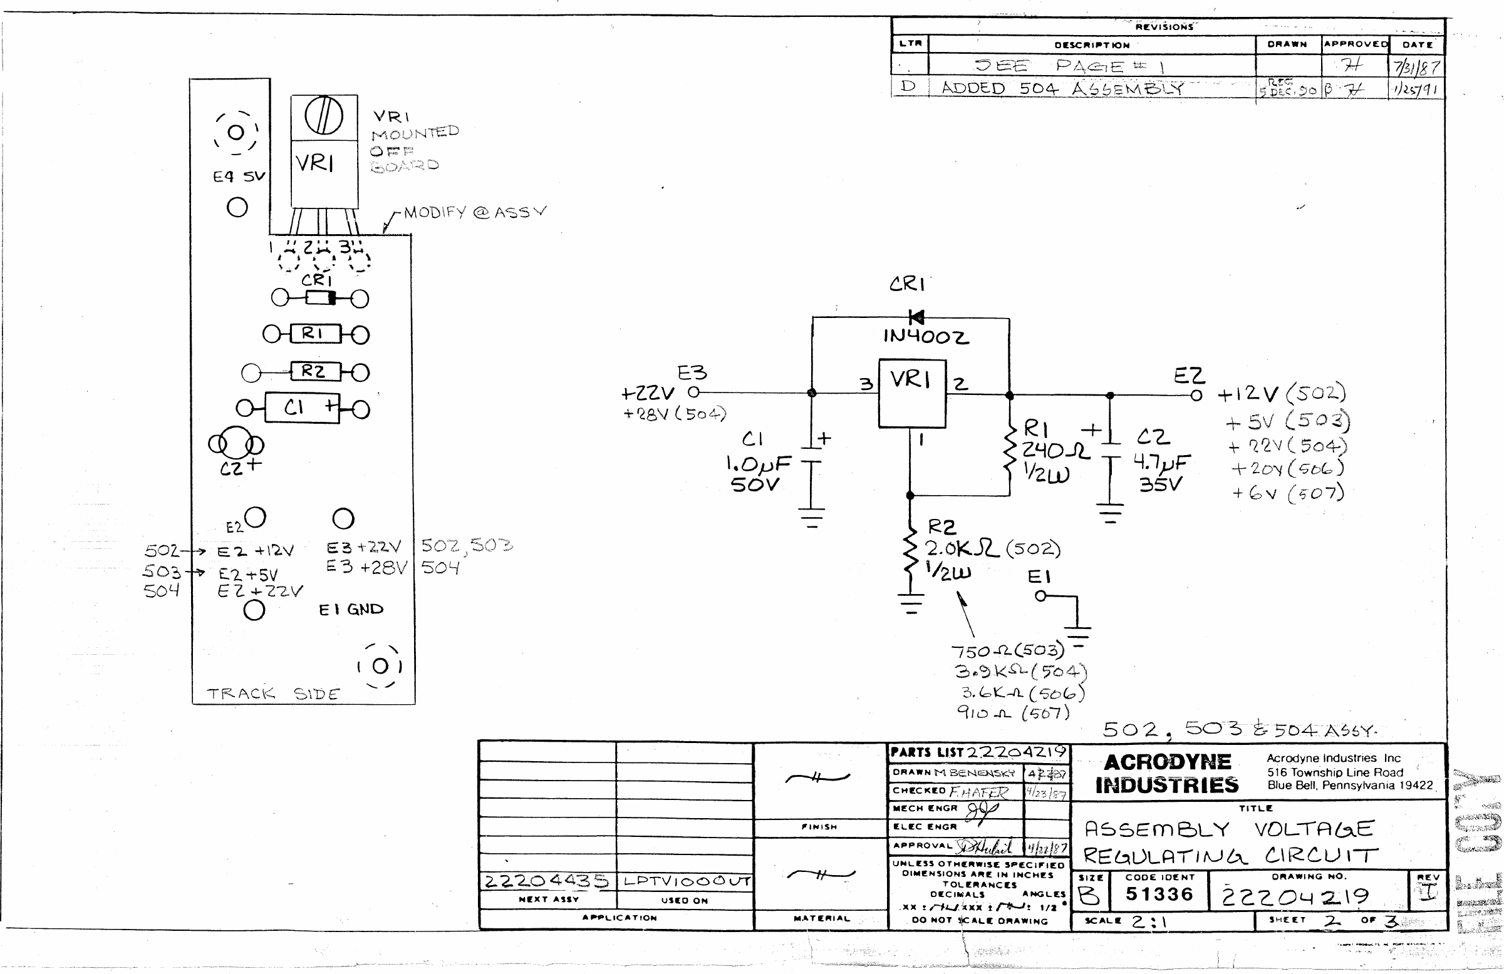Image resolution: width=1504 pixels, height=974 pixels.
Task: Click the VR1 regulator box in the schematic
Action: tap(912, 394)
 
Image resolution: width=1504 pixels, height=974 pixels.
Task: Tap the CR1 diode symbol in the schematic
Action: tap(916, 317)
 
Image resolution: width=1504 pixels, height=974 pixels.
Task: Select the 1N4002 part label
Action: tap(926, 336)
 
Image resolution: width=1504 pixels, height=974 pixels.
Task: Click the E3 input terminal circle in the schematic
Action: tap(693, 392)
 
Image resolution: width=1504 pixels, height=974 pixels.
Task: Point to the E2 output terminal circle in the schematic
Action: tap(1196, 396)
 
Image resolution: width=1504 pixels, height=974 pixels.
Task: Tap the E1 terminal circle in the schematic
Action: tap(1040, 595)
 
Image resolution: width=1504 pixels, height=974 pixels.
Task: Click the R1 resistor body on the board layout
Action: tap(314, 334)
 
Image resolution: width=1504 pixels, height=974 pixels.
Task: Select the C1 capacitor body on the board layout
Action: tap(302, 408)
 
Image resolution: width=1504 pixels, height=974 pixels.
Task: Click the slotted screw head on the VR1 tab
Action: tap(324, 116)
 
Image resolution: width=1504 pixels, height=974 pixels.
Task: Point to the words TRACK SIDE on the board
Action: tap(273, 694)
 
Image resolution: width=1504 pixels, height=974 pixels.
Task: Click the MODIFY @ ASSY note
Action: tap(474, 212)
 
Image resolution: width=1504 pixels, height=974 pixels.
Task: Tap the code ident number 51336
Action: tap(1159, 894)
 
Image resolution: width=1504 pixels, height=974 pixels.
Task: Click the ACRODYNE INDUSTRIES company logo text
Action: tap(1166, 774)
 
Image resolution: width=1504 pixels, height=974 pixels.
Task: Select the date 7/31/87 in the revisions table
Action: tap(1417, 67)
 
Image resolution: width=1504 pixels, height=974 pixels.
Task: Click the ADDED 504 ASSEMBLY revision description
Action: tap(1062, 88)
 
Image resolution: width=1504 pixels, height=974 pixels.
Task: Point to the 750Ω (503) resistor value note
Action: tap(1007, 650)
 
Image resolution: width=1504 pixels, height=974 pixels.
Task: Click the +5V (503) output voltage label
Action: tap(1287, 421)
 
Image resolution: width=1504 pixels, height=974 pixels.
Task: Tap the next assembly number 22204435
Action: tap(546, 881)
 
